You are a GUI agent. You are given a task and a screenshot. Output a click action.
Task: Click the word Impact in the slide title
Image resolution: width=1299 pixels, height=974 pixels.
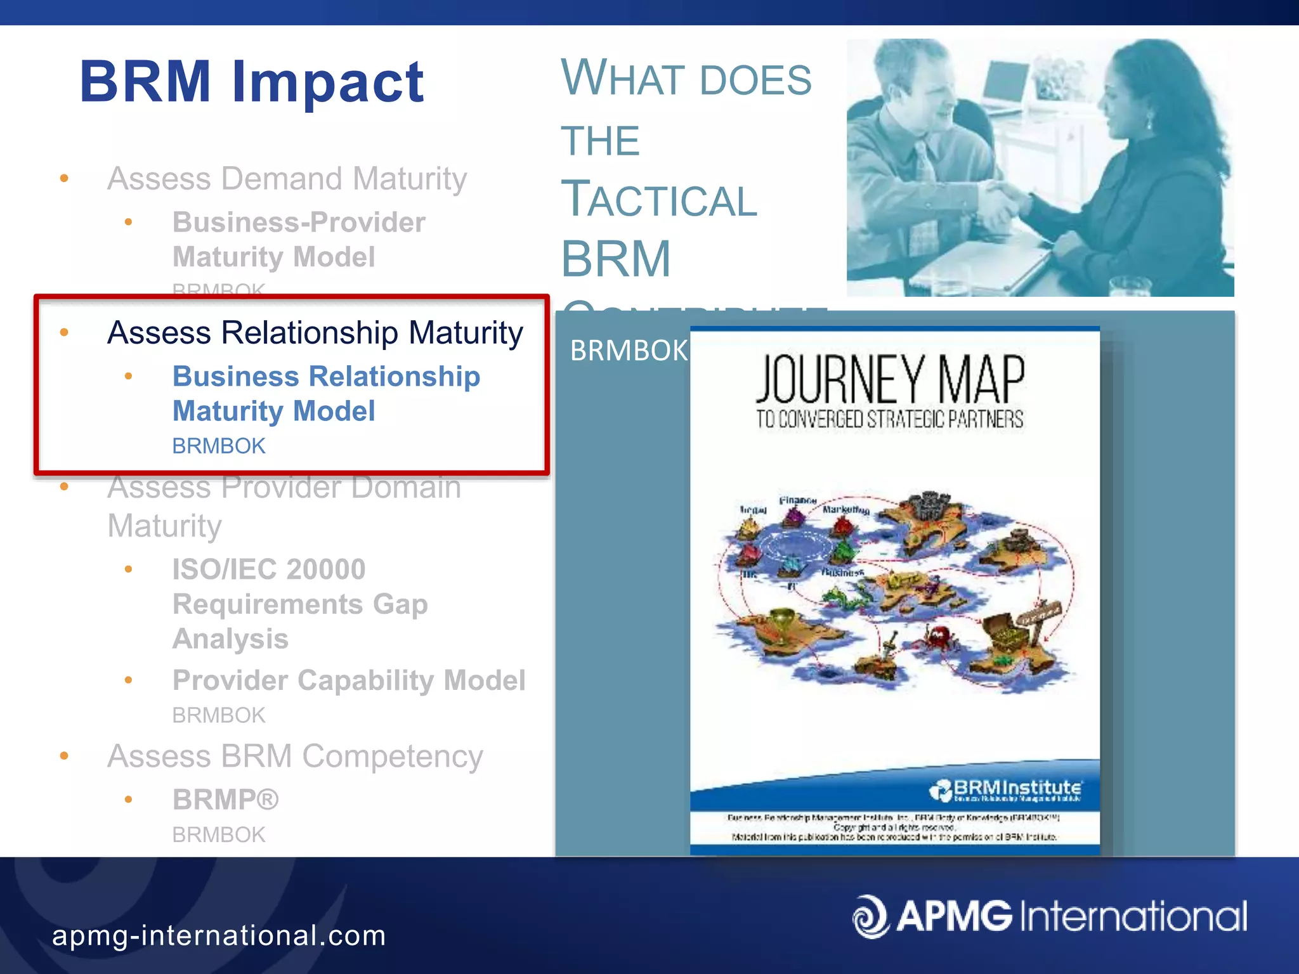coord(328,82)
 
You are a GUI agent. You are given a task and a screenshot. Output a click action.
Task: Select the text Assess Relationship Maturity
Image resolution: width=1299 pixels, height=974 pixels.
coord(315,333)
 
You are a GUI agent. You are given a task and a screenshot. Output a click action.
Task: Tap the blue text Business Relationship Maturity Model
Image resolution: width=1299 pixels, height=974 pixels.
coord(325,393)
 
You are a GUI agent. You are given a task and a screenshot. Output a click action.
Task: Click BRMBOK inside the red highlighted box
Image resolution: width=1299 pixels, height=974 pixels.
coord(218,446)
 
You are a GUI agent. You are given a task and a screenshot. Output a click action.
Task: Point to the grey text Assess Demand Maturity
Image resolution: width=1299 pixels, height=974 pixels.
coord(287,179)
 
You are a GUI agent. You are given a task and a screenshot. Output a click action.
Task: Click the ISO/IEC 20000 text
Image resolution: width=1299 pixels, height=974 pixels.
coord(269,569)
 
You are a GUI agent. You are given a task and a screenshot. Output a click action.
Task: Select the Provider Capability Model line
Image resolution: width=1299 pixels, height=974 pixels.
coord(348,680)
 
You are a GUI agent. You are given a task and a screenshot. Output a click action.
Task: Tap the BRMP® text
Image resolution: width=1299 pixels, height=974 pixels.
coord(225,800)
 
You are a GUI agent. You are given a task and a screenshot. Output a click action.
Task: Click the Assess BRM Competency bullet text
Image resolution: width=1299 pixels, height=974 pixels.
coord(295,756)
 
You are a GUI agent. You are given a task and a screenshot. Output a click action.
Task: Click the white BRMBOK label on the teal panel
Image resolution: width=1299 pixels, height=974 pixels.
coord(628,351)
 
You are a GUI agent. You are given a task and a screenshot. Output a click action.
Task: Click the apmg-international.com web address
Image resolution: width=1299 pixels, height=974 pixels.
coord(219,936)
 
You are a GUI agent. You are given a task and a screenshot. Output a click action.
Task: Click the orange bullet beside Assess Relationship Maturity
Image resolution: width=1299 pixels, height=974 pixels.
coord(64,333)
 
